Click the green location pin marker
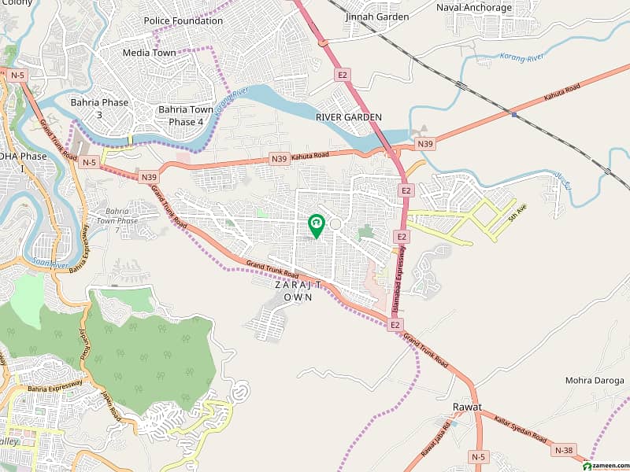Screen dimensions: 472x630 (x=316, y=226)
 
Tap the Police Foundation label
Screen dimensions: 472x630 (x=183, y=20)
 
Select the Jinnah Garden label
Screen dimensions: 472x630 (x=376, y=17)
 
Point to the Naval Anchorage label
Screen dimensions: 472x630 (x=474, y=8)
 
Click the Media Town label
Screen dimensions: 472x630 (x=149, y=53)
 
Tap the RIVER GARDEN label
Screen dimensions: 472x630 (x=348, y=117)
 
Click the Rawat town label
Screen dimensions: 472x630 (x=466, y=407)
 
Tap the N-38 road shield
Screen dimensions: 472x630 (x=563, y=450)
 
